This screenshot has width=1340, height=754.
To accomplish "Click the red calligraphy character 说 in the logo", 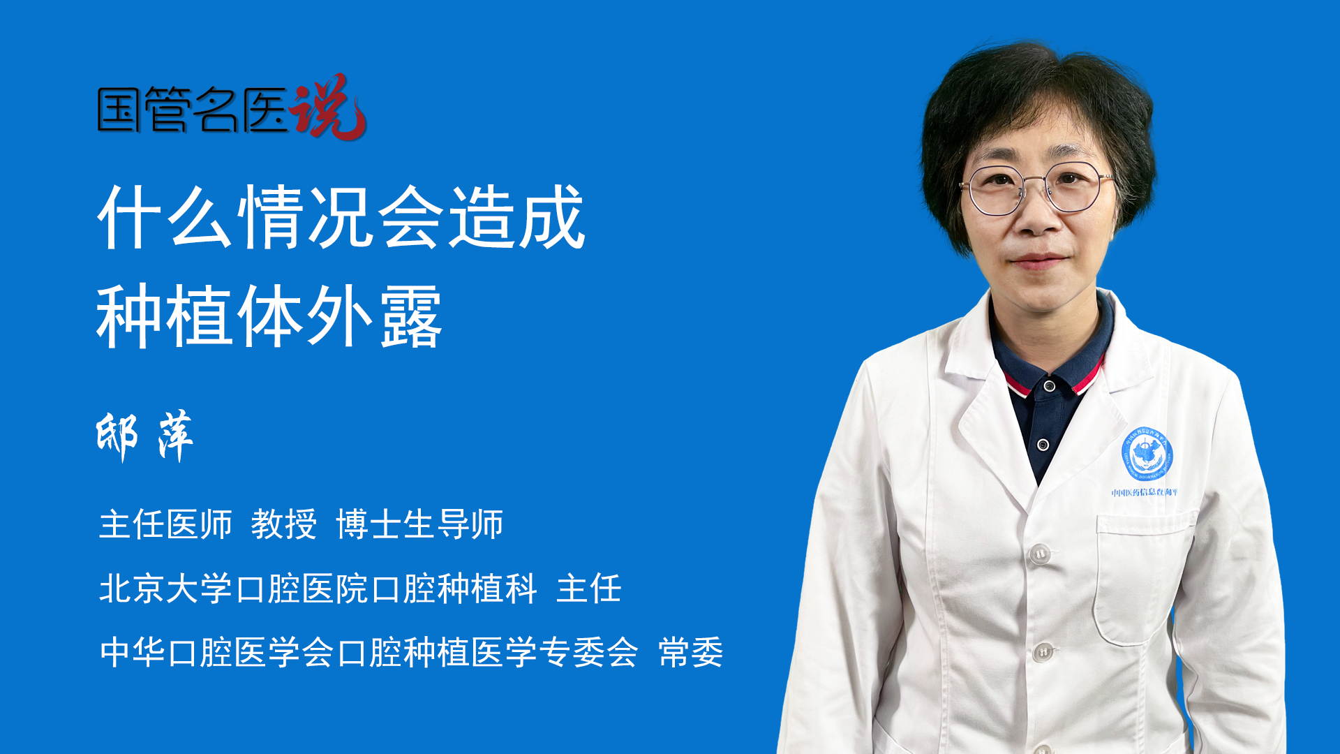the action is coord(328,107).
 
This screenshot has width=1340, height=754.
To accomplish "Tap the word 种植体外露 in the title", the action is coord(269,316).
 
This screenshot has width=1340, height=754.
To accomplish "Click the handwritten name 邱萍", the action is coord(144,436).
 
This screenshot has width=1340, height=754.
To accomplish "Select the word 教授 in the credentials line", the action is coord(284,524).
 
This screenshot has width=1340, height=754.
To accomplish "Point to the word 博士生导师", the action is coord(419,524).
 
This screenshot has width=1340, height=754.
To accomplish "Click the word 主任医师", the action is coord(165,524).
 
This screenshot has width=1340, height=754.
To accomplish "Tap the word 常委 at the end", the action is coord(691,653).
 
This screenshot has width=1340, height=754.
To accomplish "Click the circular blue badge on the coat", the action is coord(1147,454).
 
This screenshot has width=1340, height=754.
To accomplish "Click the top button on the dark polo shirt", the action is coord(1049,386).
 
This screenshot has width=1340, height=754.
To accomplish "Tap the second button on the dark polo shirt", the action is coord(1043,445).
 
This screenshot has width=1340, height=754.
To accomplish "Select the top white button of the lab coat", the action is coord(1040,554).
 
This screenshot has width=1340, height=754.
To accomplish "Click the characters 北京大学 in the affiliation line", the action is coord(165,589).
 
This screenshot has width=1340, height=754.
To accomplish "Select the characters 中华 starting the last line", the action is coord(133,653).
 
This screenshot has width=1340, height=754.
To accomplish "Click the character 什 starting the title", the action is coord(131,217).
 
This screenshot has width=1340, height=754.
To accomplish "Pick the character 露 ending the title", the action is coord(411,316).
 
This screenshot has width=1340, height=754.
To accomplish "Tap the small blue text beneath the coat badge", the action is coord(1145,493).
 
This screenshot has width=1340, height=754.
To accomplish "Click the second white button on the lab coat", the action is coord(1043,652).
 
